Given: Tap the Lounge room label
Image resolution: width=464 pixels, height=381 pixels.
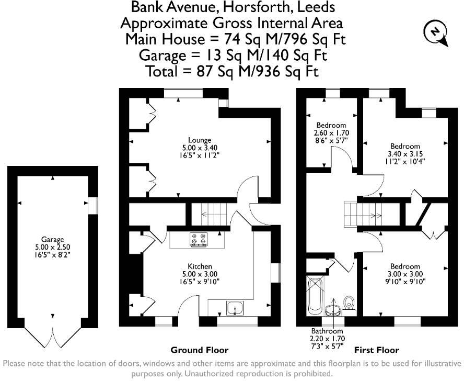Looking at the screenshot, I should pos(200,140).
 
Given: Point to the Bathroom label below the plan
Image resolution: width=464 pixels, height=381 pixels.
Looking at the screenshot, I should pos(327,331).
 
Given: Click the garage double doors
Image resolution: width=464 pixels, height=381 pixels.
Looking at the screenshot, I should pos(52,335).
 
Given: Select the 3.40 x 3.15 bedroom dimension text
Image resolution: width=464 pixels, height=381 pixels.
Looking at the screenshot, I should pos(405,154).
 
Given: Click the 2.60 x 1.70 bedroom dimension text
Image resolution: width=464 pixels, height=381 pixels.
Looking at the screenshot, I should pos(331,133).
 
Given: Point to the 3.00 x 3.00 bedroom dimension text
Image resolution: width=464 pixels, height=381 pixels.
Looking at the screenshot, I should pos(405,274).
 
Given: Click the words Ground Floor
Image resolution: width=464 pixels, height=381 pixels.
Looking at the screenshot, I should pos(200,350).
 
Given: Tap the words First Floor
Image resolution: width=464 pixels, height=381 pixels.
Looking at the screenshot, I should pos(377,350).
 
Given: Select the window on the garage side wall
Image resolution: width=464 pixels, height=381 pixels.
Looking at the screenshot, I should pos(93,205).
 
